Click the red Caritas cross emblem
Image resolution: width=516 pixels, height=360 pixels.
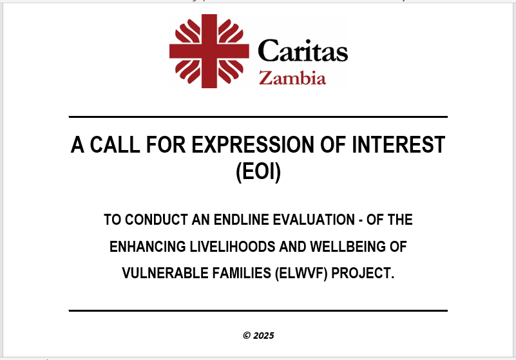click(x=209, y=51)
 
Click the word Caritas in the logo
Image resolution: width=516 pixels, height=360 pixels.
click(x=303, y=50)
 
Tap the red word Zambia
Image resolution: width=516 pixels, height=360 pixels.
click(x=292, y=78)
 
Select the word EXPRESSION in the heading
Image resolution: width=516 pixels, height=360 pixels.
click(x=253, y=144)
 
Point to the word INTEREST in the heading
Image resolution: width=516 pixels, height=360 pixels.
click(x=399, y=144)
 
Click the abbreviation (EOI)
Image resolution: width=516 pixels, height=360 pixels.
click(x=258, y=171)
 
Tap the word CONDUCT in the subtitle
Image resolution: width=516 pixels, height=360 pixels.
click(x=156, y=220)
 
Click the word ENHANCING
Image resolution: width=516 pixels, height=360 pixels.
click(x=148, y=247)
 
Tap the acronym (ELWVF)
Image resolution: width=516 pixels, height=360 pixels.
click(x=301, y=274)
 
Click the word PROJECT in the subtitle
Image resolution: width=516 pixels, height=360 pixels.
click(x=363, y=273)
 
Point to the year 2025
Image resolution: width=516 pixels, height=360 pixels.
click(x=264, y=336)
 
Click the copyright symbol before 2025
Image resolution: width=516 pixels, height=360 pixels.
click(x=247, y=336)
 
